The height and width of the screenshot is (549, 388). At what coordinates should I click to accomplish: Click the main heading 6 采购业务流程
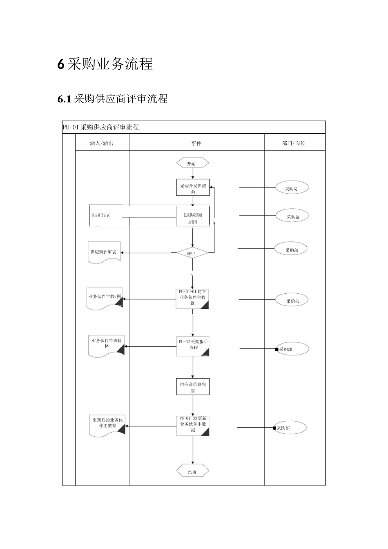pyautogui.click(x=105, y=65)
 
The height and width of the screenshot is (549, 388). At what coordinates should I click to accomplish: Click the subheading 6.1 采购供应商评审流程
pyautogui.click(x=113, y=99)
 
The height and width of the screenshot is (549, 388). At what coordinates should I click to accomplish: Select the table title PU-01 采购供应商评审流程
pyautogui.click(x=101, y=127)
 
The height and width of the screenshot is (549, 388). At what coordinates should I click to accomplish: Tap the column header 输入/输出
pyautogui.click(x=102, y=143)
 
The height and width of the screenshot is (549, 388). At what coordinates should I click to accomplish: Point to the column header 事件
pyautogui.click(x=196, y=143)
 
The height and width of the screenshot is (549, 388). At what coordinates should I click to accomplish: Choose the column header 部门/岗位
pyautogui.click(x=294, y=143)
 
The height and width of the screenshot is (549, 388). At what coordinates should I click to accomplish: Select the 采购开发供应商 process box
pyautogui.click(x=193, y=188)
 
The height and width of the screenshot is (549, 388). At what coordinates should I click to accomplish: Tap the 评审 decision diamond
pyautogui.click(x=192, y=253)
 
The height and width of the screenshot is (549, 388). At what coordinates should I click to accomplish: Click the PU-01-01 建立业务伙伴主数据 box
pyautogui.click(x=192, y=299)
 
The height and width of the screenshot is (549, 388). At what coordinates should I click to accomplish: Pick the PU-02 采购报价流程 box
pyautogui.click(x=193, y=346)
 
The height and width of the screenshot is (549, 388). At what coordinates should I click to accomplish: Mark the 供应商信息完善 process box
pyautogui.click(x=193, y=387)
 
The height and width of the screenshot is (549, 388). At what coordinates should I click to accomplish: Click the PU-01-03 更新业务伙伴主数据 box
pyautogui.click(x=193, y=425)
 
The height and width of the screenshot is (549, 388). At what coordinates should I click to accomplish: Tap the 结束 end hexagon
pyautogui.click(x=192, y=472)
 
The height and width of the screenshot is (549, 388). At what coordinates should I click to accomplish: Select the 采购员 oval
pyautogui.click(x=291, y=188)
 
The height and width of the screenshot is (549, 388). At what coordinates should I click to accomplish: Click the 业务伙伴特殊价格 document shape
pyautogui.click(x=106, y=345)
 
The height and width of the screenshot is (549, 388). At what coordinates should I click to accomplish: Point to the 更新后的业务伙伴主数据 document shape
pyautogui.click(x=107, y=425)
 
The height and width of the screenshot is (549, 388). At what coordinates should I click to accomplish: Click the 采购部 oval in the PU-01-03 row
pyautogui.click(x=290, y=428)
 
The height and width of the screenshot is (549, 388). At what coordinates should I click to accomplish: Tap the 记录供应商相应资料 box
pyautogui.click(x=193, y=218)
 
